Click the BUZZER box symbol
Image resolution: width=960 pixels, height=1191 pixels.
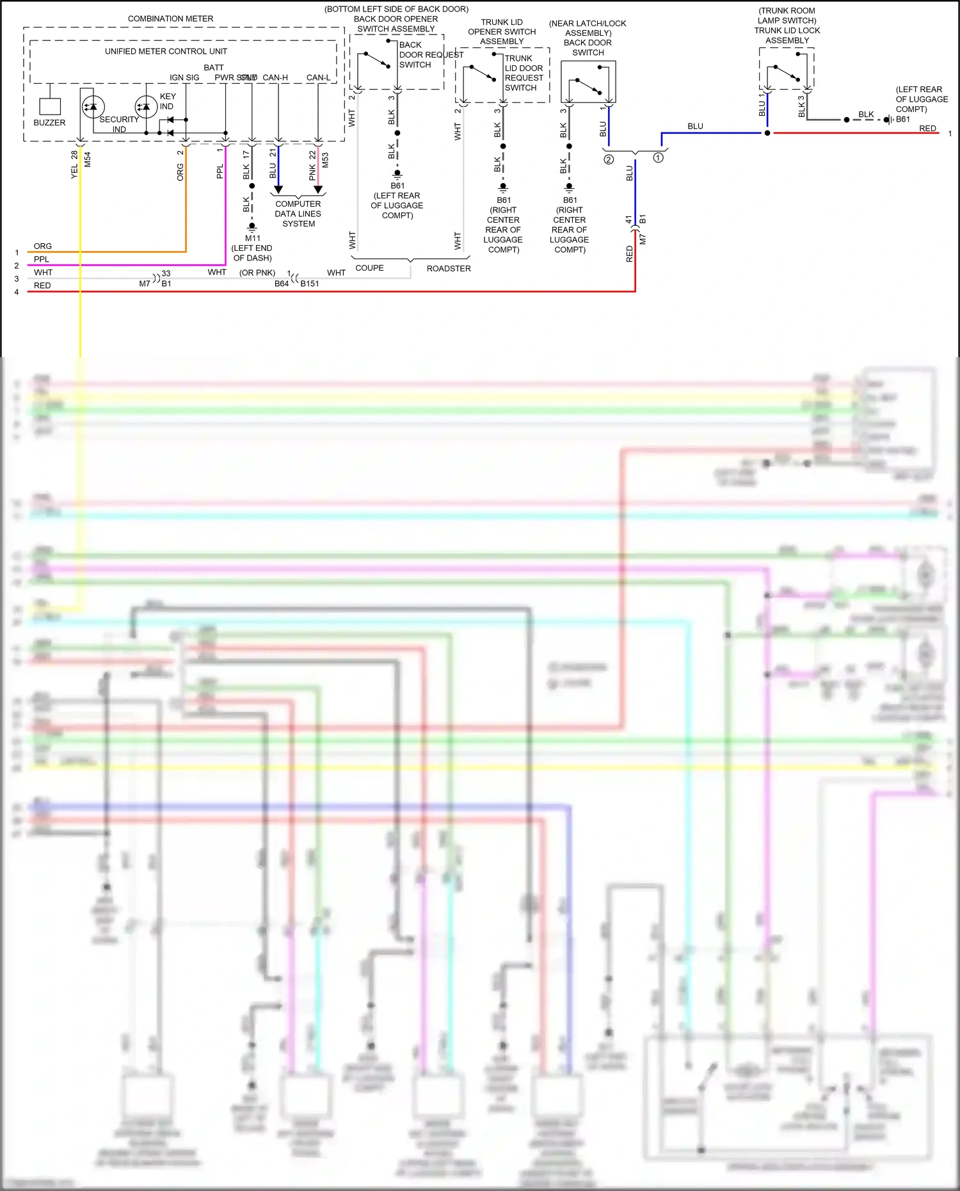click(x=50, y=106)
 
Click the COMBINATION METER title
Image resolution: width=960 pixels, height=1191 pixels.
click(x=170, y=19)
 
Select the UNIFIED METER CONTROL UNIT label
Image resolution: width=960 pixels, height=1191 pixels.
click(x=166, y=51)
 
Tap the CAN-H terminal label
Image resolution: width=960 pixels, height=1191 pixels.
click(x=275, y=77)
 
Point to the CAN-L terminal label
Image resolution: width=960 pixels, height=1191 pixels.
click(x=318, y=77)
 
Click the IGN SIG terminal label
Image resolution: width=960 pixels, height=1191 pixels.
click(x=184, y=77)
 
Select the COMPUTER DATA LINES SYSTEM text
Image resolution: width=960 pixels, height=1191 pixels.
click(x=298, y=214)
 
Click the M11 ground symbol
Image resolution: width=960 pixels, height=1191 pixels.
click(x=252, y=226)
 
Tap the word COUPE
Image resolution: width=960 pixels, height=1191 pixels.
click(x=369, y=268)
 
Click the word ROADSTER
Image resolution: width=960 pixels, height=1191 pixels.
click(x=449, y=269)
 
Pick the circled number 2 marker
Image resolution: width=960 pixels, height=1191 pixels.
click(x=609, y=159)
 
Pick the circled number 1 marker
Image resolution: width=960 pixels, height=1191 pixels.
click(x=658, y=157)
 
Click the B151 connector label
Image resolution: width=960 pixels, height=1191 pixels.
click(x=310, y=284)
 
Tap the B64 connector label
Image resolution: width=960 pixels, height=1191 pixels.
click(x=282, y=284)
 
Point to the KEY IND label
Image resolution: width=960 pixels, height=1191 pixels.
click(x=167, y=101)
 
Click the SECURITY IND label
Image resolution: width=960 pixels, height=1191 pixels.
click(x=119, y=124)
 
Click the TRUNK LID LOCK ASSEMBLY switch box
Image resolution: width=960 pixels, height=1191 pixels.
click(x=787, y=68)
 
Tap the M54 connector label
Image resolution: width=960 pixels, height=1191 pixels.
click(x=88, y=159)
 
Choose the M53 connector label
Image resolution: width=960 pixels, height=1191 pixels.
click(x=325, y=159)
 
